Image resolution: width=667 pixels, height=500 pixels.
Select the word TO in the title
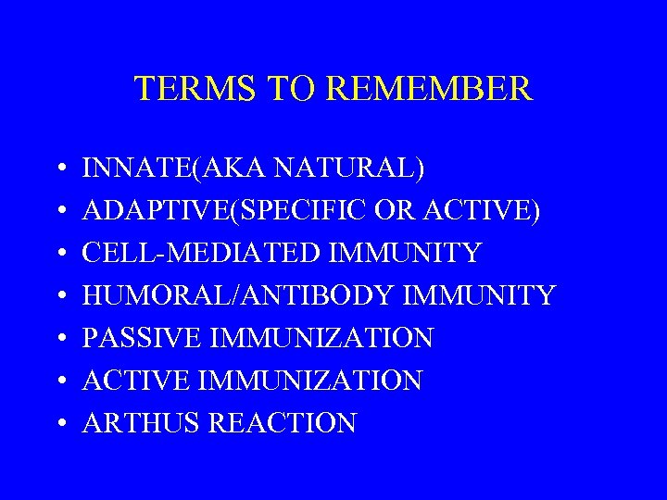[289, 89]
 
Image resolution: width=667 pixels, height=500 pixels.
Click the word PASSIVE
[143, 339]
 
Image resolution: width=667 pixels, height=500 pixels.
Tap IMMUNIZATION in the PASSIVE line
[321, 339]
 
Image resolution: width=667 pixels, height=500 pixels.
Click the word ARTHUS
[142, 423]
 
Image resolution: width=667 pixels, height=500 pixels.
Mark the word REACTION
[283, 423]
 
